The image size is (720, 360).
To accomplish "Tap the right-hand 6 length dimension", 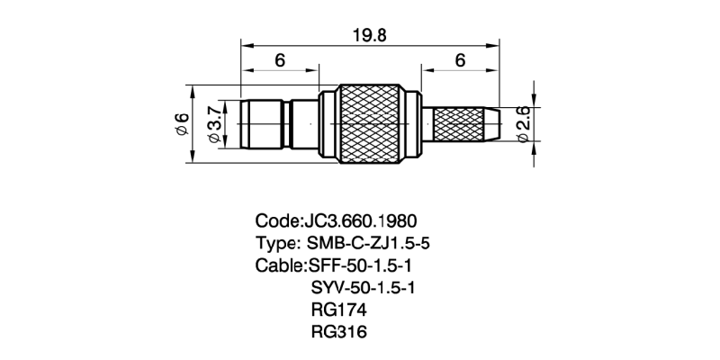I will point(460,60).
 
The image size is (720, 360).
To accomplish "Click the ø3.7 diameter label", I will point(214,124).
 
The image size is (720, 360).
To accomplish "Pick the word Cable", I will point(279,266).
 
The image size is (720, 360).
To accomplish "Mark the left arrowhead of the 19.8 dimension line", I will point(246,43).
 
